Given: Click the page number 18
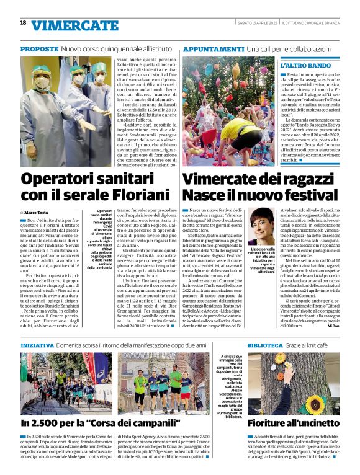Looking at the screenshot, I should (x=23, y=23).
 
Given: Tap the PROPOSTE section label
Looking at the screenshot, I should (x=38, y=48).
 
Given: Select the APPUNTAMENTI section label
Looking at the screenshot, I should (x=213, y=48).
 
